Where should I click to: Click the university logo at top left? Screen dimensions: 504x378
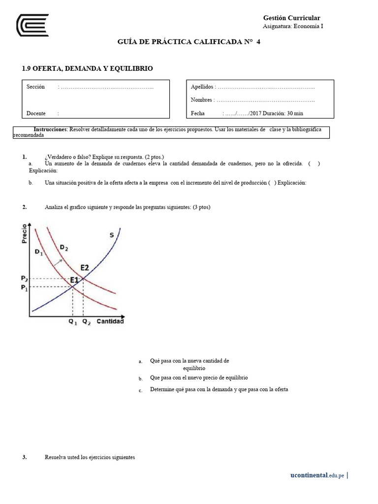[x=32, y=25]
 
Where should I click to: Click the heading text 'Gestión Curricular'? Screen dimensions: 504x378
[x=292, y=18]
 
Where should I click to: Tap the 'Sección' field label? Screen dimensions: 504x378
[x=36, y=87]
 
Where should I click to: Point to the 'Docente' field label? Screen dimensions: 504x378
[x=36, y=113]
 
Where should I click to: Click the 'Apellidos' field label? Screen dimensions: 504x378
[x=202, y=87]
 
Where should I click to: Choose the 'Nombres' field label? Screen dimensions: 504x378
[x=201, y=100]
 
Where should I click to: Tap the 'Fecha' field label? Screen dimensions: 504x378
[x=197, y=113]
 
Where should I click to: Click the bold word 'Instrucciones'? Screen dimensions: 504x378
[x=50, y=129]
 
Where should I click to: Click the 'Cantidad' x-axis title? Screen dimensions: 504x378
[x=110, y=321]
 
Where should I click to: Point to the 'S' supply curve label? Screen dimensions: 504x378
[x=112, y=235]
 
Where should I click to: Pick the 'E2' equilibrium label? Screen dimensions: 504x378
[x=85, y=268]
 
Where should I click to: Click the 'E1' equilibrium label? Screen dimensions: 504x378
[x=75, y=280]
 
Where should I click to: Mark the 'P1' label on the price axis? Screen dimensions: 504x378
[x=25, y=288]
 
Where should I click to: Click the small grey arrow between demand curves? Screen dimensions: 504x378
[x=58, y=262]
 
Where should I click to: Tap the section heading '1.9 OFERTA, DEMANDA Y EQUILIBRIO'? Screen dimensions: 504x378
[x=88, y=68]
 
